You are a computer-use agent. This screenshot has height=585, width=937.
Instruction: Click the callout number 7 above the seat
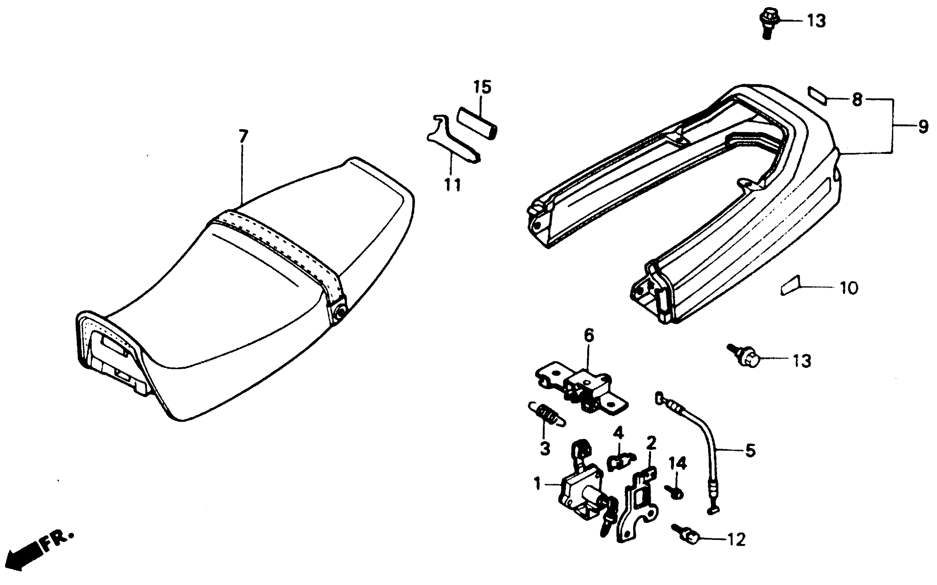pyautogui.click(x=243, y=137)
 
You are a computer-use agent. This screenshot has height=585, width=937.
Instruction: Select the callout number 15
pyautogui.click(x=482, y=87)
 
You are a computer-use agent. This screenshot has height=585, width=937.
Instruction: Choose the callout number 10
pyautogui.click(x=849, y=288)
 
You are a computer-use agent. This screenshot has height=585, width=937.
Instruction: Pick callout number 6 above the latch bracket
pyautogui.click(x=589, y=336)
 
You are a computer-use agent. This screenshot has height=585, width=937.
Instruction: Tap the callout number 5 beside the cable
pyautogui.click(x=750, y=450)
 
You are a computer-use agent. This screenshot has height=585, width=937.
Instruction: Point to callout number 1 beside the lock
pyautogui.click(x=538, y=483)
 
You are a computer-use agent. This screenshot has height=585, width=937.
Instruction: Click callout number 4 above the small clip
pyautogui.click(x=618, y=433)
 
